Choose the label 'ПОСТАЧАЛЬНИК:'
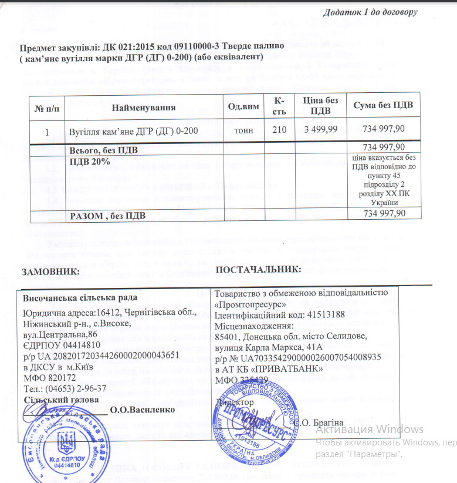coord(258,269)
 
